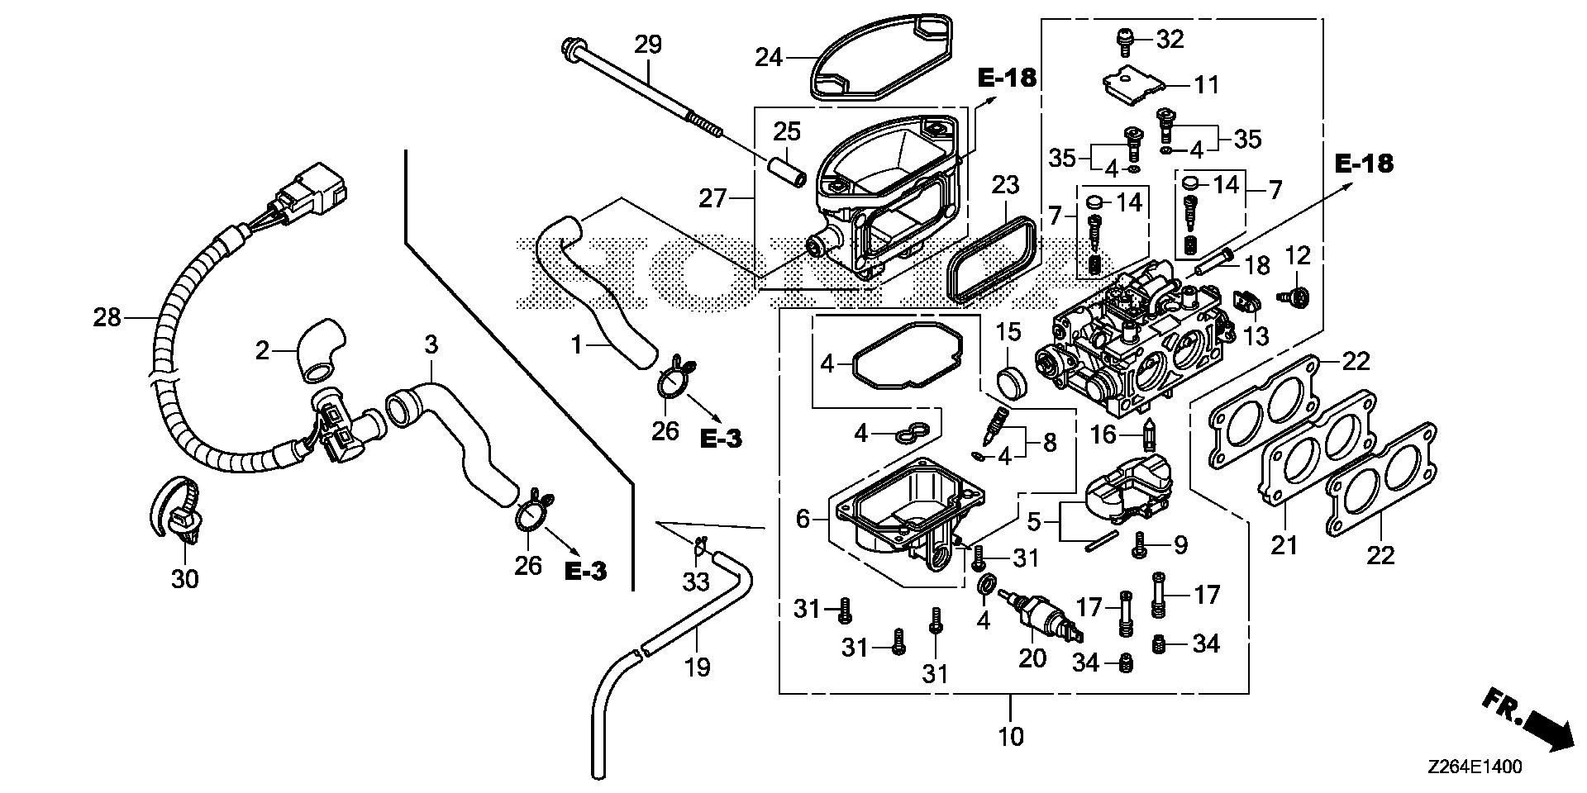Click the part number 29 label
tap(648, 44)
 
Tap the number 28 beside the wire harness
tap(107, 317)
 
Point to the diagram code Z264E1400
tap(1474, 767)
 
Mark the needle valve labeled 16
tap(1146, 434)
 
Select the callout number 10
tap(1011, 736)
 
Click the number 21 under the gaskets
tap(1284, 545)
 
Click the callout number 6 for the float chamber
tap(803, 519)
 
